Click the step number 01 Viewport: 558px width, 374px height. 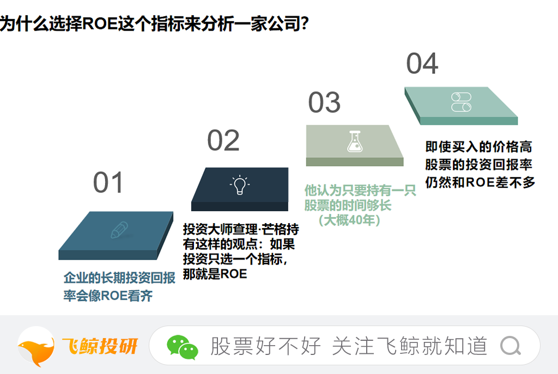pyautogui.click(x=108, y=182)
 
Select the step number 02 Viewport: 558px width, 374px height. pyautogui.click(x=223, y=140)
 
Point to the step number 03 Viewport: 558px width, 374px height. pyautogui.click(x=324, y=102)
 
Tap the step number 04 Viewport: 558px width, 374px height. pyautogui.click(x=422, y=64)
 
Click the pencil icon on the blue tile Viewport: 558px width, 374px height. pyautogui.click(x=119, y=230)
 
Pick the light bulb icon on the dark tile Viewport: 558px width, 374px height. pyautogui.click(x=240, y=185)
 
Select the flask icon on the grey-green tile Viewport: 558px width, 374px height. pyautogui.click(x=355, y=141)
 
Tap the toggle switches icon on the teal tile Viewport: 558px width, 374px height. pyautogui.click(x=461, y=102)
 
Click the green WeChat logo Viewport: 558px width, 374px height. pyautogui.click(x=182, y=347)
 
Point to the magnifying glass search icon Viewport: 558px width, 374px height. pyautogui.click(x=511, y=346)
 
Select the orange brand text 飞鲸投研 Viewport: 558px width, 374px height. pyautogui.click(x=100, y=346)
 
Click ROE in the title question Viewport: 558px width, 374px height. pyautogui.click(x=100, y=24)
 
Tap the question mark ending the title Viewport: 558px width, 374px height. pyautogui.click(x=305, y=24)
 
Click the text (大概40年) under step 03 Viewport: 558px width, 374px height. pyautogui.click(x=349, y=220)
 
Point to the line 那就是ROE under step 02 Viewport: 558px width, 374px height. pyautogui.click(x=215, y=274)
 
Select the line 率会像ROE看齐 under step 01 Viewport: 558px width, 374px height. pyautogui.click(x=108, y=296)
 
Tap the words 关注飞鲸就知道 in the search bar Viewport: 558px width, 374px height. pyautogui.click(x=410, y=346)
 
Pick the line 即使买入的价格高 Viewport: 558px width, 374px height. pyautogui.click(x=479, y=146)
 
